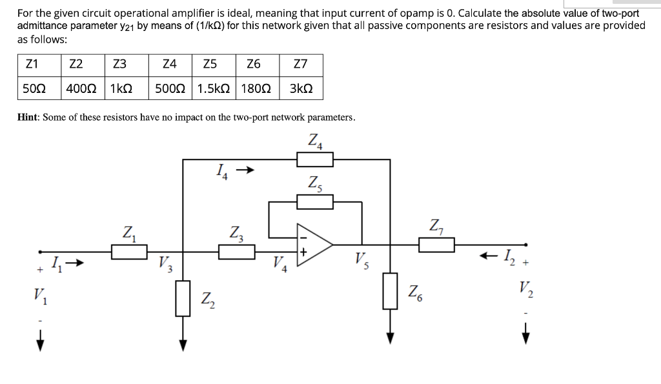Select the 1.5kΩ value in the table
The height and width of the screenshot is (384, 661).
(x=214, y=89)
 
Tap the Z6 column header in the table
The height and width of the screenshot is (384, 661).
(x=254, y=64)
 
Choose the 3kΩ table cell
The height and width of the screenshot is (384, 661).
(x=300, y=89)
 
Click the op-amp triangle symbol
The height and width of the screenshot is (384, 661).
(x=314, y=245)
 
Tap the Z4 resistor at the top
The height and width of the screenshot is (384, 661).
(x=314, y=159)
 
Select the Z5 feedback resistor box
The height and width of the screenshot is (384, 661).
(x=314, y=203)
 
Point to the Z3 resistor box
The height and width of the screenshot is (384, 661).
(x=237, y=252)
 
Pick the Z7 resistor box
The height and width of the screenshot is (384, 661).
(x=436, y=245)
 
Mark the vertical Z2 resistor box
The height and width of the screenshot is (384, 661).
(x=183, y=298)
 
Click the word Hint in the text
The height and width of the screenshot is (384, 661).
(x=29, y=117)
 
